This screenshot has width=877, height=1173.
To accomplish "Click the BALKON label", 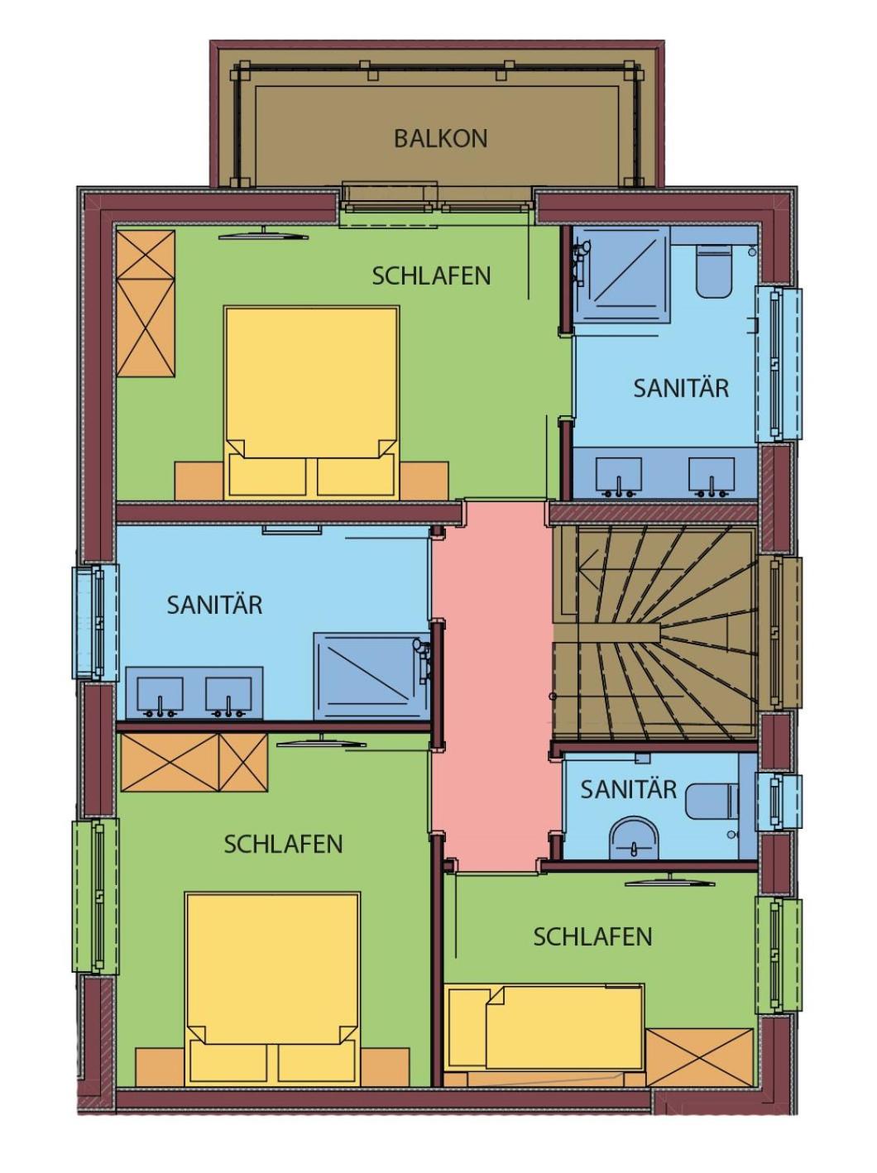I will click(440, 138).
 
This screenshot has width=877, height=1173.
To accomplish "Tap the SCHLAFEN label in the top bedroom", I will click(431, 275).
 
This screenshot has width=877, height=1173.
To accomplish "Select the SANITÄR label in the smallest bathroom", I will click(628, 789).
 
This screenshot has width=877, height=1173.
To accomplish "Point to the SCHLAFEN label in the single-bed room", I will click(592, 936).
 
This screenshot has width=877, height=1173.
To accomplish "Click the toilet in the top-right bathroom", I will click(713, 271).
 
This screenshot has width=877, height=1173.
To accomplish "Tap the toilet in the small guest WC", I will click(712, 802).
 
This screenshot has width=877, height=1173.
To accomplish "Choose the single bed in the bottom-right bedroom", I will click(546, 1027).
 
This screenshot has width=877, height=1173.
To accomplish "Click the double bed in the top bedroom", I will click(312, 402).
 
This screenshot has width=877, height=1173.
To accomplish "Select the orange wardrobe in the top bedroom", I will click(146, 303).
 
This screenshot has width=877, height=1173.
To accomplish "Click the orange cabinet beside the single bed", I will click(700, 1056).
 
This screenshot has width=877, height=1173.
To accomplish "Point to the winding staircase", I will click(655, 633).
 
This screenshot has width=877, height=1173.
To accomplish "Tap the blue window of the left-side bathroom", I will click(96, 623).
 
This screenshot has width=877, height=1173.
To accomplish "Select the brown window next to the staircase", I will click(780, 632).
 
